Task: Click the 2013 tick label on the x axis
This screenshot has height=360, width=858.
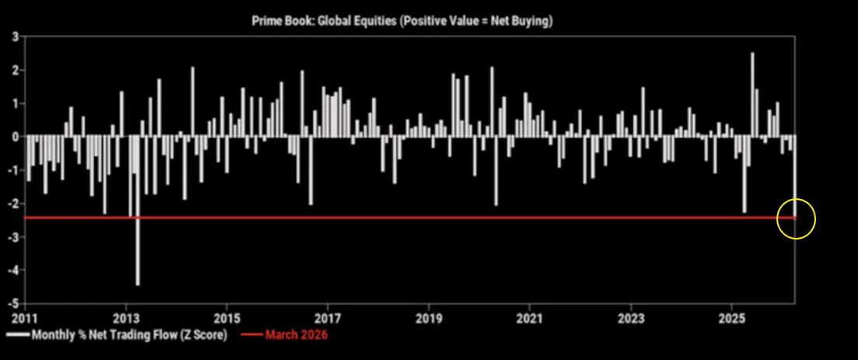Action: click(126, 319)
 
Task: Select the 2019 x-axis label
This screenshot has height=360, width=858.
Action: click(429, 319)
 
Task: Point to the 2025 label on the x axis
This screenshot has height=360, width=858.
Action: click(732, 319)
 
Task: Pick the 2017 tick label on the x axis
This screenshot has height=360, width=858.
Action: click(328, 319)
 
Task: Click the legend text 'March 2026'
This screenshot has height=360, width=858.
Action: click(296, 336)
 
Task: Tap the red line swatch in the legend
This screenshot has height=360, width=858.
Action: click(249, 336)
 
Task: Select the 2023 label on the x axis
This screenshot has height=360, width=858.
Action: click(631, 319)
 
